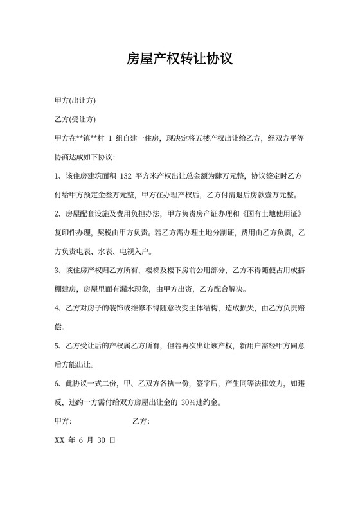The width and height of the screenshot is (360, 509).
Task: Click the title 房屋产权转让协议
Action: (x=179, y=60)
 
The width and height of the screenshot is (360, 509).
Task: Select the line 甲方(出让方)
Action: (x=76, y=101)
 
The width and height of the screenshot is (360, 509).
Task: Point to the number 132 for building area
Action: (x=125, y=175)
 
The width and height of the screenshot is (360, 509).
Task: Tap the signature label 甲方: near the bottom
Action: (x=64, y=422)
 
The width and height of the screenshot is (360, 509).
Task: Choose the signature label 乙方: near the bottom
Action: (x=141, y=422)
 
